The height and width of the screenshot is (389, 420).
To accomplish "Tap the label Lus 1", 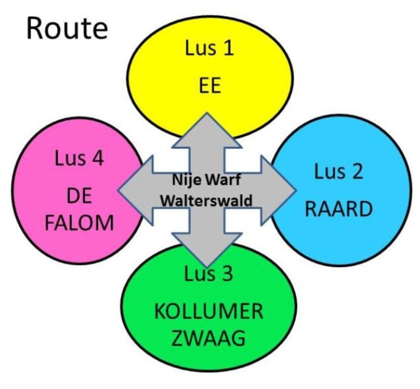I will point(209,51).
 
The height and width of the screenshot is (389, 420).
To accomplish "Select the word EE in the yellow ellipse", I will point(209,86).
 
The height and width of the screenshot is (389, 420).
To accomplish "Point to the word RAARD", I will point(337,209).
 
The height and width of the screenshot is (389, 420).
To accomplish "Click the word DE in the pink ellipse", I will point(79,195).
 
